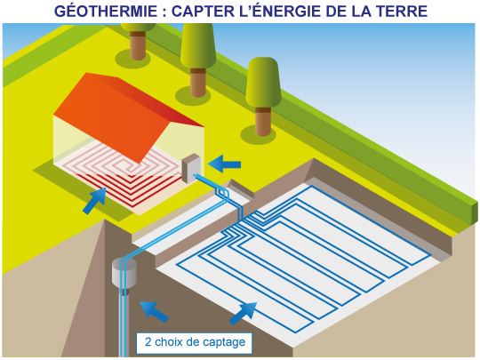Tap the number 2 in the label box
click(x=148, y=342)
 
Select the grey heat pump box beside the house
click(x=191, y=168)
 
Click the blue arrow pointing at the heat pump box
click(x=225, y=164)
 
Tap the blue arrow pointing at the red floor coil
click(x=95, y=201)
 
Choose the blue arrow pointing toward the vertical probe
click(x=154, y=311)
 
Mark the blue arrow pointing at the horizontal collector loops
click(x=243, y=314)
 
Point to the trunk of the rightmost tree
click(x=263, y=122)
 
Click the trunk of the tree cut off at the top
click(x=138, y=45)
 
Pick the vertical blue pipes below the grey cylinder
click(x=123, y=324)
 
